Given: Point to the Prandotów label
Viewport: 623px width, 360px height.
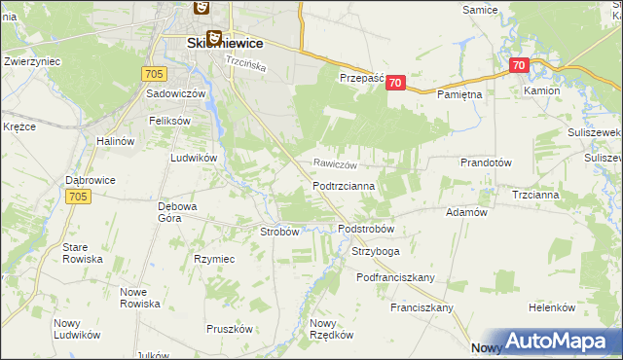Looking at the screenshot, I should (x=486, y=162).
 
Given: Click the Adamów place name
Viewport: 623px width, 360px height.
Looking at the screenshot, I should (x=465, y=211).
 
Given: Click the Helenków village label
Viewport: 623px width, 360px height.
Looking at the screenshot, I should (x=552, y=306).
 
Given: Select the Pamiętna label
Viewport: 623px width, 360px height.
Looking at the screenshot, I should (x=459, y=94).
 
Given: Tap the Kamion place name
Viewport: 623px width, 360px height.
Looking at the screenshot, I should (x=542, y=90).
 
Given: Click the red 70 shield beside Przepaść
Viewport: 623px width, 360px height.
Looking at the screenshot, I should (x=394, y=84).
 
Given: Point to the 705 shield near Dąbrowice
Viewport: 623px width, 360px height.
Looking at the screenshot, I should (x=81, y=197).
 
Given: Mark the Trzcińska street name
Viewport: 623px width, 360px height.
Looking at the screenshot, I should (x=247, y=61).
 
